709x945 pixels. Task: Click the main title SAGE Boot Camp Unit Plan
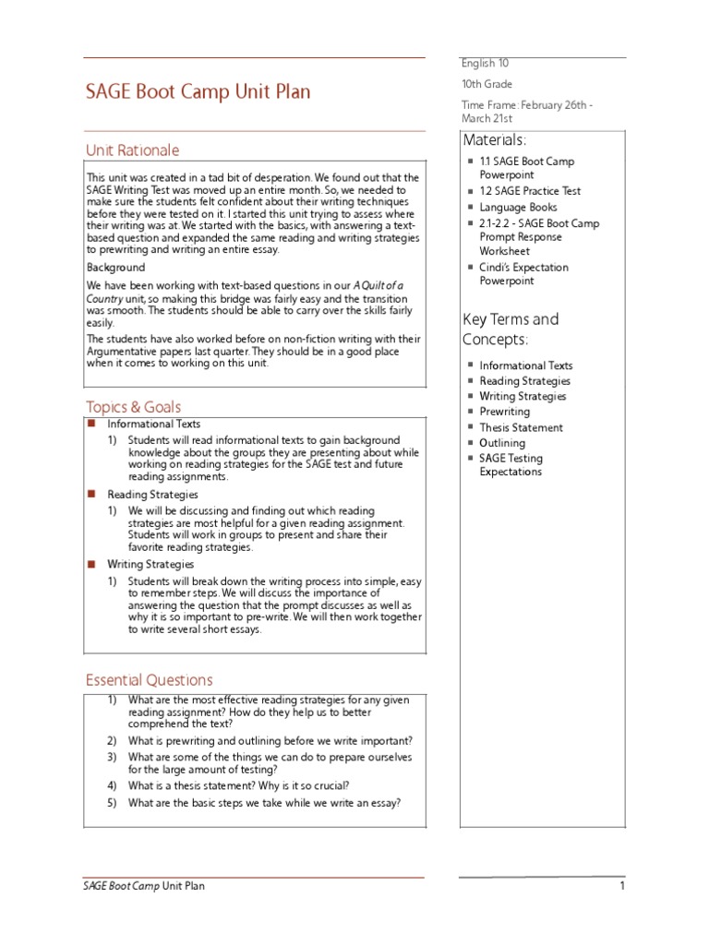coord(198,92)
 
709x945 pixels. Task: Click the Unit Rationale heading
coord(132,150)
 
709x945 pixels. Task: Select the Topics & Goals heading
coord(133,407)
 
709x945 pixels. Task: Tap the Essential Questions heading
coord(149,680)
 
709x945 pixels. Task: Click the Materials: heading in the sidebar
coord(495,140)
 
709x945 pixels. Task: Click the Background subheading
coord(115,268)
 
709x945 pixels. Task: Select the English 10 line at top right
coord(485,64)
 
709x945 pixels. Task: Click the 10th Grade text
coord(486,84)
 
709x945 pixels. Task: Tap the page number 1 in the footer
coord(622,887)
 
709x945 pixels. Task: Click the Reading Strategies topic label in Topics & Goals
coord(152,495)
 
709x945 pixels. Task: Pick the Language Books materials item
coord(518,208)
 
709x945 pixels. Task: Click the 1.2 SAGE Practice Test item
coord(530,191)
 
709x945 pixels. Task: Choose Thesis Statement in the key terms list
coord(521,427)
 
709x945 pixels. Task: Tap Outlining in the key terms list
coord(502,443)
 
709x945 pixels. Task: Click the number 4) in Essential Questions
coord(112,785)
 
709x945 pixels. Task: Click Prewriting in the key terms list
coord(504,412)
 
